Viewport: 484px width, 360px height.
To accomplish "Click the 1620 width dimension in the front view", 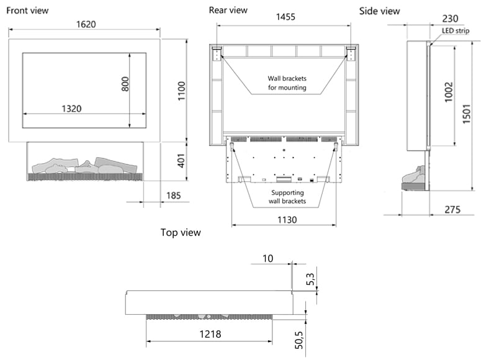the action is coord(86,24).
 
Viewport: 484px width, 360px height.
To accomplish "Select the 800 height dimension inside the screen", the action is coord(125,84).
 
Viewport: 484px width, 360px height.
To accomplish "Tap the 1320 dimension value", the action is coord(71,109).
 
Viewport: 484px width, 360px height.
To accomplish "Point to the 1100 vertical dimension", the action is coord(181,91).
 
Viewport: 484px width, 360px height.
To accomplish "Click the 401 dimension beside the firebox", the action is coord(181,161).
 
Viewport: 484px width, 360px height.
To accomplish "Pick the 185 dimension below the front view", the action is coord(174,196).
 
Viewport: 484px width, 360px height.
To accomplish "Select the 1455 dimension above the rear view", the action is coord(285,17).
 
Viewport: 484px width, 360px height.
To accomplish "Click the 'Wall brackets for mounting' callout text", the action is coord(287,83).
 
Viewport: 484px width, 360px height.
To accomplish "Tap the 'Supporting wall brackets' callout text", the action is coord(287,197).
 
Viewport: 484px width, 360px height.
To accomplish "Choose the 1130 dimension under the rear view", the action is coord(287,220).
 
